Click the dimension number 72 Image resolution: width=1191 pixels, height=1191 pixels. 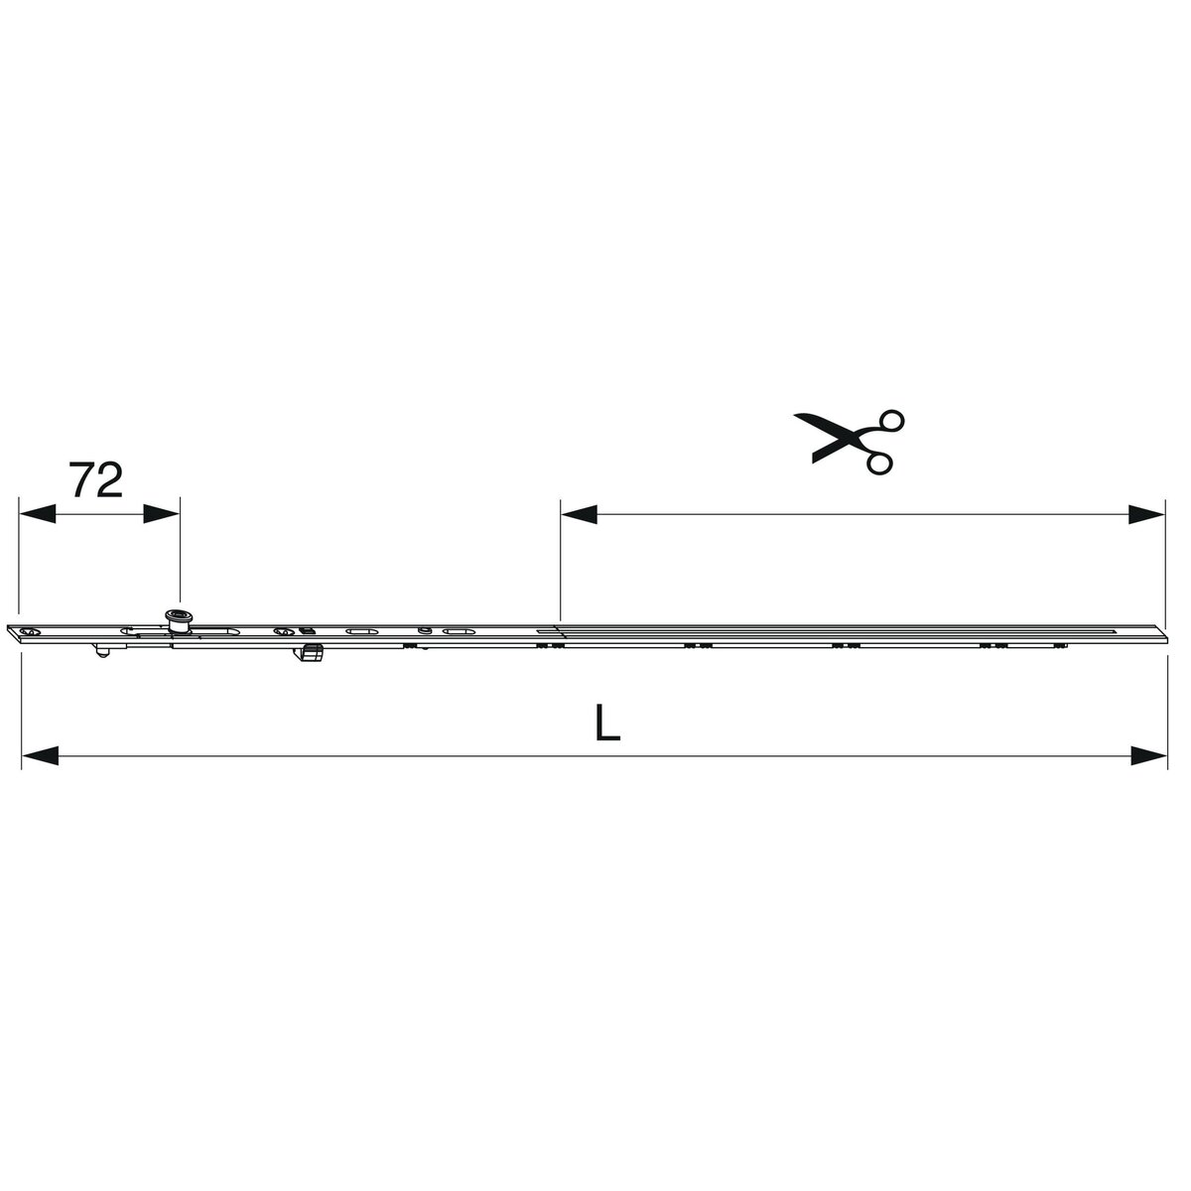[x=96, y=479]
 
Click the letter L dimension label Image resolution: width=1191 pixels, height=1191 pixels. [x=607, y=722]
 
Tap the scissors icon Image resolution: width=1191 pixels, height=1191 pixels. [x=850, y=442]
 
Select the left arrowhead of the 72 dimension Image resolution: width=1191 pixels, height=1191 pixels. [x=37, y=513]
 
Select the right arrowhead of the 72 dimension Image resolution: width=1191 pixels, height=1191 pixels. [x=162, y=513]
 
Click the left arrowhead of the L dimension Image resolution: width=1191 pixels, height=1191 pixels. [x=40, y=755]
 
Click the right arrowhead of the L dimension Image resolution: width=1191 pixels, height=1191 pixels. [x=1149, y=755]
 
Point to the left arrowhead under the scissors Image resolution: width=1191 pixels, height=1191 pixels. [x=579, y=513]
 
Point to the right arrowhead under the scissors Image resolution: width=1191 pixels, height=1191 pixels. [x=1146, y=513]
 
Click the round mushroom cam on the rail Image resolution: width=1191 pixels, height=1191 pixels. [x=178, y=620]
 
